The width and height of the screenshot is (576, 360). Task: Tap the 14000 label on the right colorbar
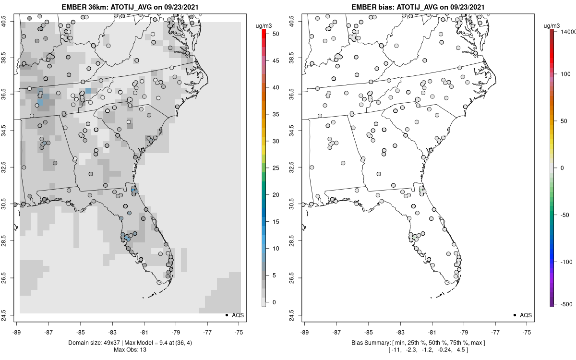(x=567, y=31)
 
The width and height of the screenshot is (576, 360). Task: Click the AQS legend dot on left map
(x=226, y=315)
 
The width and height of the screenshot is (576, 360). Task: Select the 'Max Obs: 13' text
(x=130, y=349)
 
